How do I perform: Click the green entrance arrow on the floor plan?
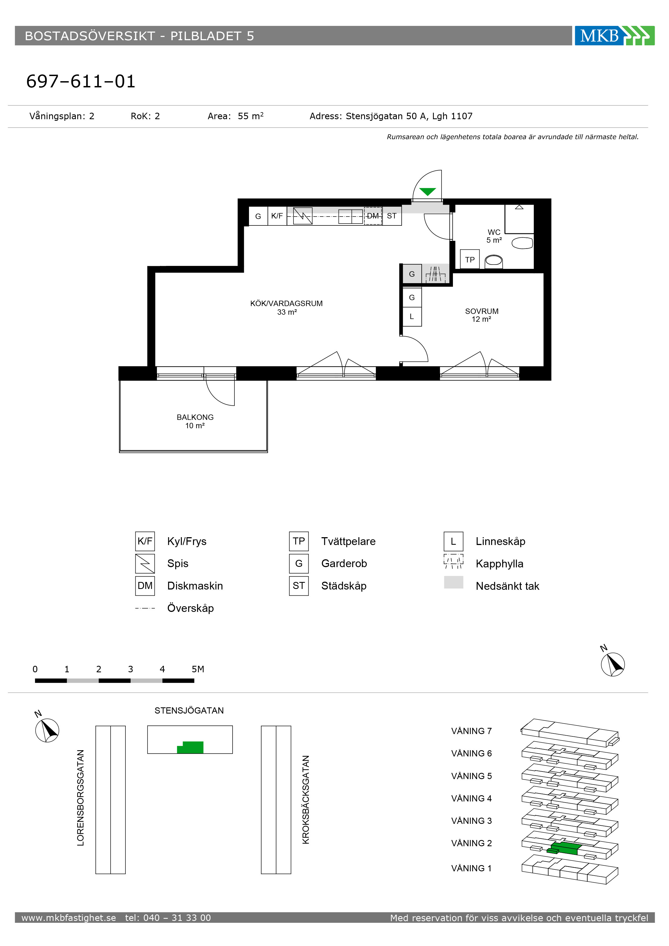point(428,191)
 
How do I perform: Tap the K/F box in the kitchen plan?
point(277,216)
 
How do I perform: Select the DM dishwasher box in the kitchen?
point(373,216)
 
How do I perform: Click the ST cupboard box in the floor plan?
point(392,216)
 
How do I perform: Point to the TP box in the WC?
point(470,259)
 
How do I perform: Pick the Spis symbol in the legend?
point(145,563)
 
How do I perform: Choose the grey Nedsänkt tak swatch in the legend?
point(453,582)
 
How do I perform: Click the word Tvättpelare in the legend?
point(348,541)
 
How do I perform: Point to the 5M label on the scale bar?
point(198,669)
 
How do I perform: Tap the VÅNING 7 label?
point(472,731)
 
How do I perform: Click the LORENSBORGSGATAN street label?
point(81,798)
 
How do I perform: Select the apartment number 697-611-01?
point(81,81)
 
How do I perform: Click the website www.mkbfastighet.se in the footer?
point(69,918)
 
